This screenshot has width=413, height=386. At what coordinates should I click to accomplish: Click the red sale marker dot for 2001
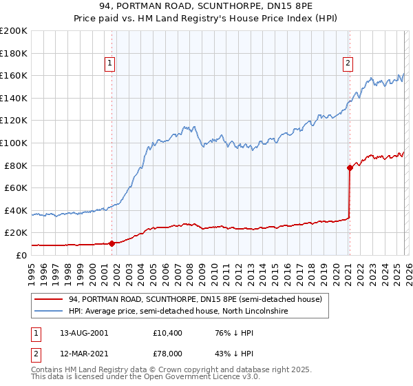pos(112,243)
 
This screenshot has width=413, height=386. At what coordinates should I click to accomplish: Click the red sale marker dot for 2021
pos(349,167)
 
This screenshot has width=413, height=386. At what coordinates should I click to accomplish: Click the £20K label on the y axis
pos(15,232)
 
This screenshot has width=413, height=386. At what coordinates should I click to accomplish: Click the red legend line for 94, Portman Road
pos(50,299)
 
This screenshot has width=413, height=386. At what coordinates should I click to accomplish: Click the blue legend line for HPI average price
pos(50,312)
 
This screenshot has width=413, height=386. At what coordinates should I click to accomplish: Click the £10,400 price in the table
pos(168,333)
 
